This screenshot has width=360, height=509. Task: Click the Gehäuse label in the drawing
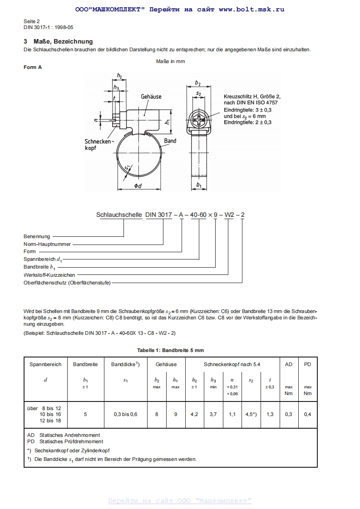[151, 97]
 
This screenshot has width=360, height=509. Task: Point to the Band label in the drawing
[170, 141]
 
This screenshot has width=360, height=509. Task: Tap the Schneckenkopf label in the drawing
[97, 145]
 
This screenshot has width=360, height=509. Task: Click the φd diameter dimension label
[138, 186]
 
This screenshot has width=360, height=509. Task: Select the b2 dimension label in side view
[198, 83]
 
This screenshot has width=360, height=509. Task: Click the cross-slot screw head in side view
[198, 120]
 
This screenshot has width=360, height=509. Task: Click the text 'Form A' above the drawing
[33, 67]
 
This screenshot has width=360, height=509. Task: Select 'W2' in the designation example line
[230, 215]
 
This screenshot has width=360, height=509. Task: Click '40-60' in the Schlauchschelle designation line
[198, 215]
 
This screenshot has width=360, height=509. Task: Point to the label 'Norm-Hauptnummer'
[47, 244]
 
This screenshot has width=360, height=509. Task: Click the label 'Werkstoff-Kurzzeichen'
[49, 275]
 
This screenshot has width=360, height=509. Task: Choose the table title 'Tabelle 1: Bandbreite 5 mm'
[170, 350]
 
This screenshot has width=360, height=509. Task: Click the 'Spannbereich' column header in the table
[45, 364]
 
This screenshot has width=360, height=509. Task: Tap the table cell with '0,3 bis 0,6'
[125, 414]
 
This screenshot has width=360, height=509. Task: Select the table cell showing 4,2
[194, 414]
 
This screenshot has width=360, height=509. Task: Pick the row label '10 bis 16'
[50, 414]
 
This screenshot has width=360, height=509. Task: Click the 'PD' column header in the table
[307, 364]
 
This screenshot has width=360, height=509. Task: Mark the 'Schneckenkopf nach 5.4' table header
[232, 364]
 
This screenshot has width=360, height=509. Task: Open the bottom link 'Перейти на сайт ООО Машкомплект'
[180, 501]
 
